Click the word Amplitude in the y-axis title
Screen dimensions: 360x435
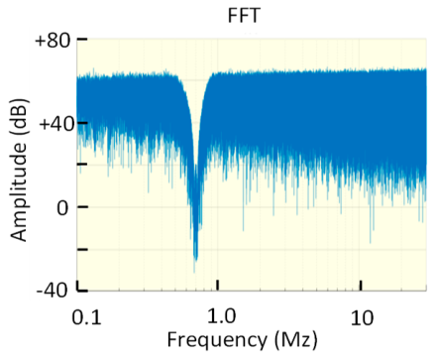tap(20, 189)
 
